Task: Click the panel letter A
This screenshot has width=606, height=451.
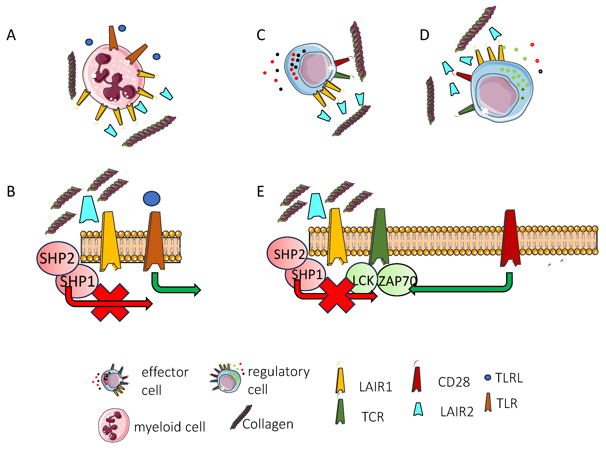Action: (11, 35)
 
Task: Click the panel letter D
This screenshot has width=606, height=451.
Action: (424, 35)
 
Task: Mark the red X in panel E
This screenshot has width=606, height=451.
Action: (337, 295)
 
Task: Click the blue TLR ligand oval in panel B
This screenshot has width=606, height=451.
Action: (151, 198)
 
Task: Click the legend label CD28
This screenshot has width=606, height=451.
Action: (454, 382)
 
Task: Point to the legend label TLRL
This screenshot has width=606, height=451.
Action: (509, 378)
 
